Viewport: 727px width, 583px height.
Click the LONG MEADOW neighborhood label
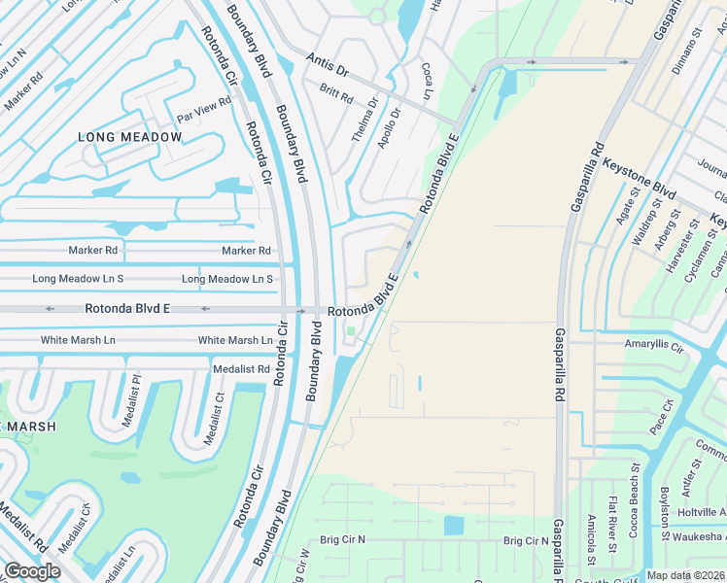[129, 137]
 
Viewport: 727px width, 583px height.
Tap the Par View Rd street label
[203, 109]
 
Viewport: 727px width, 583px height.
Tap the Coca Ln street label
[426, 82]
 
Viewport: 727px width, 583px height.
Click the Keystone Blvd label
[639, 176]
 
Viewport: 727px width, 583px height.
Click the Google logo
[32, 570]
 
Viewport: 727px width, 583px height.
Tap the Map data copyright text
[684, 575]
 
